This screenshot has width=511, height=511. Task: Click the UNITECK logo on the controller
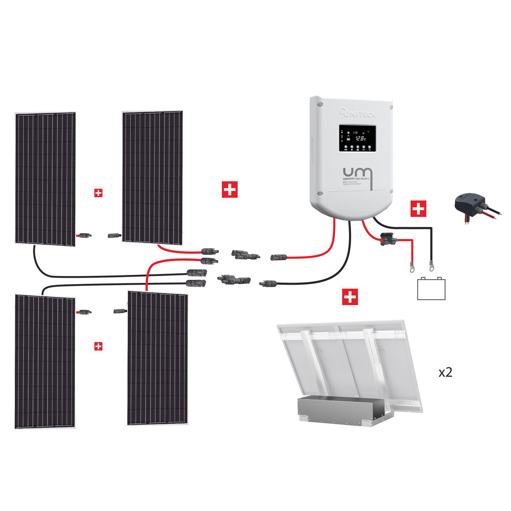[x=358, y=113]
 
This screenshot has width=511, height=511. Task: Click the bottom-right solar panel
[x=157, y=358]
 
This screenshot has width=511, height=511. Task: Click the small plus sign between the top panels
[x=98, y=193]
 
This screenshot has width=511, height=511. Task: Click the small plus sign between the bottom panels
[x=98, y=346]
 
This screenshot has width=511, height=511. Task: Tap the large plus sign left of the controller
[x=229, y=189]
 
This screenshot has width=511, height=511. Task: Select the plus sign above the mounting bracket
[x=350, y=297]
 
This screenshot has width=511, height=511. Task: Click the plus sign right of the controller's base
[x=418, y=209]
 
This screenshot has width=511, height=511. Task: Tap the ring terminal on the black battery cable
[x=431, y=265]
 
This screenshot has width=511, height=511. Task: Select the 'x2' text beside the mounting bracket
[x=445, y=373]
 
